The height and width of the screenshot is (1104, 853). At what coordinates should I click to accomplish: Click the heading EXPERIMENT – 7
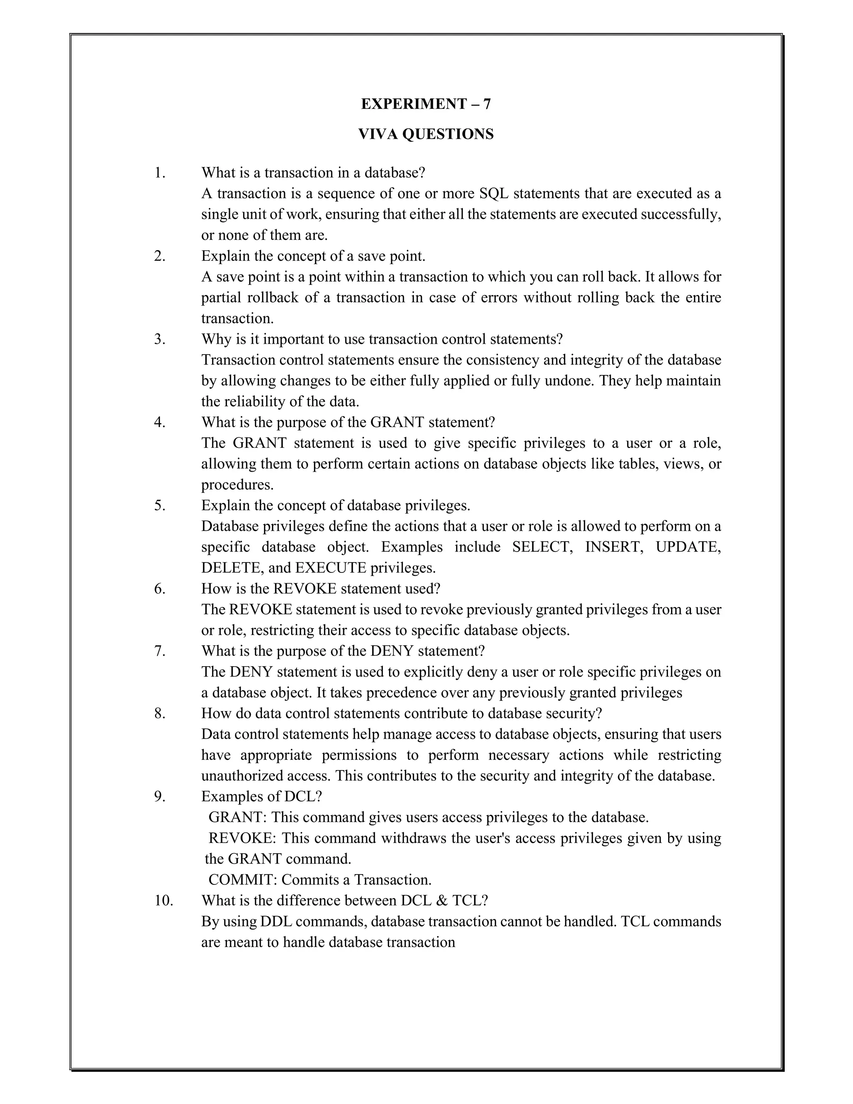(426, 104)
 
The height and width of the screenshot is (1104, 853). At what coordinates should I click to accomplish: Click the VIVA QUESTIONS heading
(426, 134)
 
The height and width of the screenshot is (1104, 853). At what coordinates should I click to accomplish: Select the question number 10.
(164, 900)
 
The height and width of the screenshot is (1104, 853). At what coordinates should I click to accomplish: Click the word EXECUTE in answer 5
(330, 568)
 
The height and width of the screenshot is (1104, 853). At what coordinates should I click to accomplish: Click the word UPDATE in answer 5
(688, 547)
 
